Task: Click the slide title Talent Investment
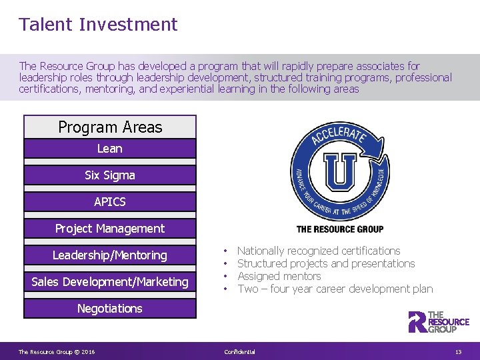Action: coord(98,25)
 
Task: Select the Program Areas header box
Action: coord(110,127)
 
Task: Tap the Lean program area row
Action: coord(110,149)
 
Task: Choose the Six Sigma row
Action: coord(110,175)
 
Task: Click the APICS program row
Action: coord(110,201)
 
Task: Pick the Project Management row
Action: coord(110,229)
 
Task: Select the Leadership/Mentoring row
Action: coord(110,255)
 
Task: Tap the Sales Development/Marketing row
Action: coord(110,282)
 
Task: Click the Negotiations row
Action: coord(110,309)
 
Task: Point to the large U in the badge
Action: coord(340,172)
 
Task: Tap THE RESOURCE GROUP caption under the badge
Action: coord(339,229)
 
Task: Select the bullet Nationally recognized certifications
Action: coord(319,251)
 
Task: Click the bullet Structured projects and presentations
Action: coord(326,264)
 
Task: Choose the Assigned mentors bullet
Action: coord(279,277)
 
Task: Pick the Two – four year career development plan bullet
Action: coord(335,289)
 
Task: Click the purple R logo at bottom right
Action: coord(417,321)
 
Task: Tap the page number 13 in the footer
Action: coord(458,352)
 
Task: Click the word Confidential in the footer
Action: coord(239,352)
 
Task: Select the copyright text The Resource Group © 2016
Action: coord(57,352)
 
